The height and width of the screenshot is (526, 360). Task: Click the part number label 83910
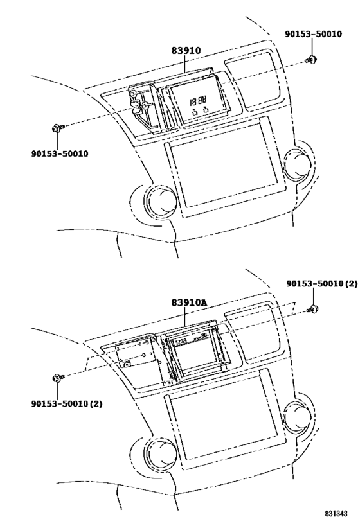tap(186, 50)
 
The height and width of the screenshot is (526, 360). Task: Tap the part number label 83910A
tap(189, 302)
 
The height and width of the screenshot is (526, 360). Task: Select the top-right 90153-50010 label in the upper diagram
tap(313, 34)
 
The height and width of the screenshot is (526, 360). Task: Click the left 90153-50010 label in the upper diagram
tap(60, 153)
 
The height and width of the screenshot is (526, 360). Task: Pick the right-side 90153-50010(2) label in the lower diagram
tap(321, 284)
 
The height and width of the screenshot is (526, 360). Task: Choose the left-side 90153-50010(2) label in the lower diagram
tap(67, 403)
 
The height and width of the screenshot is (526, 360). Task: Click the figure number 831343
tap(336, 514)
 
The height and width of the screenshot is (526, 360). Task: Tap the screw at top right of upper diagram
tap(311, 60)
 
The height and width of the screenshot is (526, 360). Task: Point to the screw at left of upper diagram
tap(57, 128)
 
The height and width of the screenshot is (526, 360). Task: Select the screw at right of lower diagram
tap(312, 310)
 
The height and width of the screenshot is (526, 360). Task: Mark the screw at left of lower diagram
tap(58, 378)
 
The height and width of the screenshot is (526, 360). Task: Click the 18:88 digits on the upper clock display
tap(198, 100)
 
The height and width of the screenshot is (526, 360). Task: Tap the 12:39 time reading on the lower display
tap(181, 342)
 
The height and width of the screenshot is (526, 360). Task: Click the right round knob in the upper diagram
tap(298, 164)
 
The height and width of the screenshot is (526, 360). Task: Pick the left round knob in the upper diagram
tap(163, 203)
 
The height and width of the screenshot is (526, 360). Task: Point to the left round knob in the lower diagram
tap(163, 453)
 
